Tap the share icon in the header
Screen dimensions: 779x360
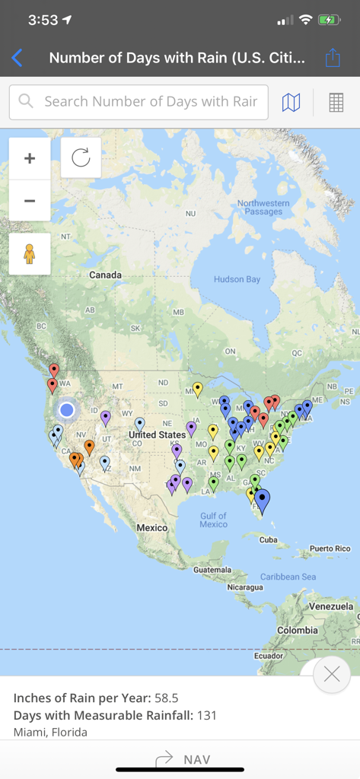coord(333,58)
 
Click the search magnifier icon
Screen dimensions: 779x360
coord(27,101)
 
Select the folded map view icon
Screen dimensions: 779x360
coord(291,102)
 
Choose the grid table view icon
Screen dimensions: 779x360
coord(336,102)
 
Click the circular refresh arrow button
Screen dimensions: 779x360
coord(81,157)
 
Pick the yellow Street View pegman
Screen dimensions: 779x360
coord(30,253)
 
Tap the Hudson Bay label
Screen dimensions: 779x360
coord(237,279)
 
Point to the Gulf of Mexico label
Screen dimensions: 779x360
coord(213,520)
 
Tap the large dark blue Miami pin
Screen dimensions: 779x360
coord(262,500)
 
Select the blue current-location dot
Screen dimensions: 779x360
coord(67,410)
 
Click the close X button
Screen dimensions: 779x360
coord(331,673)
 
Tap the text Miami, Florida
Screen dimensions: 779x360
coord(50,732)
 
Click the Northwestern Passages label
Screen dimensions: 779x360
coord(263,207)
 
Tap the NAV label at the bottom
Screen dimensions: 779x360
coord(196,759)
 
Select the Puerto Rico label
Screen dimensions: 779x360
coord(330,548)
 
